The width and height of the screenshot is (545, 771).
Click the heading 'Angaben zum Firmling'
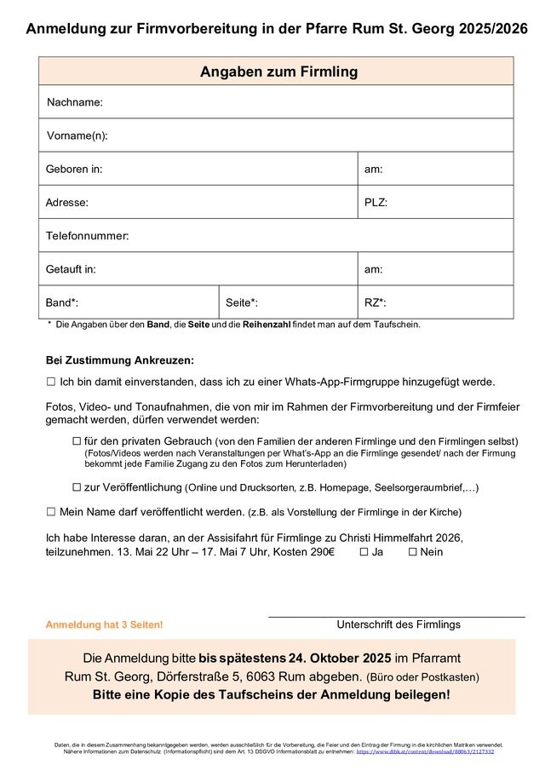coord(278,72)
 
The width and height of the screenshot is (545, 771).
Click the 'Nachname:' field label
coord(75,102)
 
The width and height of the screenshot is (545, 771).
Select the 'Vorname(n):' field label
coord(77,135)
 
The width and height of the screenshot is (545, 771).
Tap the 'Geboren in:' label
coord(74,169)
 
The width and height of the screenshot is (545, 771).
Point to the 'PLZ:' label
coord(376,203)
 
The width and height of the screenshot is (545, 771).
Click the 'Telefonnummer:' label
coord(87,235)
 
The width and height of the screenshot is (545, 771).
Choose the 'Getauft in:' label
coord(71,269)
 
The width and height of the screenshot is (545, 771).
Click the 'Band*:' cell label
coord(62,302)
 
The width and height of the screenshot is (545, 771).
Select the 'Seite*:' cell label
coord(242,302)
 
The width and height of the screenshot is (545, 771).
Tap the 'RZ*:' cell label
coord(376,302)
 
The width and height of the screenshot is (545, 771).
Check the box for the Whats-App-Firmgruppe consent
coord(51,383)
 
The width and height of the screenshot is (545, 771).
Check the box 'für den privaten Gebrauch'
coord(77,440)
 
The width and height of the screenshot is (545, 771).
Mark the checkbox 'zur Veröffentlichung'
coord(77,487)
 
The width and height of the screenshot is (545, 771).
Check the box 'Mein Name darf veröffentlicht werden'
coord(51,512)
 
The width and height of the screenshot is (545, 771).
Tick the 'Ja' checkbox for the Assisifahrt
coord(364,552)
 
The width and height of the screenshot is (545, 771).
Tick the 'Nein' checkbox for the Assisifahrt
coord(412,552)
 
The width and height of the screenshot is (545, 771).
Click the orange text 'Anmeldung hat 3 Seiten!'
coord(104,625)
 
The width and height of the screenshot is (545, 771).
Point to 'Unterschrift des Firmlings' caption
coord(399,624)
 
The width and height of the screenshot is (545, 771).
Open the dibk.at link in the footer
coord(424,752)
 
